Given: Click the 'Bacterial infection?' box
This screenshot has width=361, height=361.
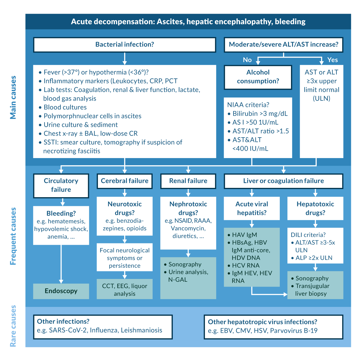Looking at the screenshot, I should pos(124,45).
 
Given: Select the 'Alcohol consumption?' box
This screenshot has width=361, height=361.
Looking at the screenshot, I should pos(258,77).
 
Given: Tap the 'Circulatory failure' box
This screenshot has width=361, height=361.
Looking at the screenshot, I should pos(61,185).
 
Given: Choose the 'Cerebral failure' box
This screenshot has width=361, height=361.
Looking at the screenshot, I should pos(124,181).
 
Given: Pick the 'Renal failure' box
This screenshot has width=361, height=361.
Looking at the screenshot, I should pos(188,181).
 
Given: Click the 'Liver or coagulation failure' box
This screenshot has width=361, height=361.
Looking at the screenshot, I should pos(283,181).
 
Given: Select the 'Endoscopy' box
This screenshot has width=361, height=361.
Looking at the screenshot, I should pos(61,291).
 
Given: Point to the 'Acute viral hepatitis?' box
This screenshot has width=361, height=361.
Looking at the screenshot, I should pos(252,208).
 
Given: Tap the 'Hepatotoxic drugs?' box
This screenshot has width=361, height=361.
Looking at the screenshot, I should pos(315,208).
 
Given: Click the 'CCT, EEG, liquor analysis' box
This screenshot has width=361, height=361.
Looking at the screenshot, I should pos(124,290).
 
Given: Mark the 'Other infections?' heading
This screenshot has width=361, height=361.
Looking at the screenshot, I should pos(63,321).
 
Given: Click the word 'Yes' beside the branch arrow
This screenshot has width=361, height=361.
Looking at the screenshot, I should pos(333,60).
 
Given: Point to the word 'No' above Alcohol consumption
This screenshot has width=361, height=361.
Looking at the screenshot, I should pos(247,60).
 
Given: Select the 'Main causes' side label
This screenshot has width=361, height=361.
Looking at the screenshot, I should pos(13,97).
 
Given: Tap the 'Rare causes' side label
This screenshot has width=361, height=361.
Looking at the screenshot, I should pos(13,326).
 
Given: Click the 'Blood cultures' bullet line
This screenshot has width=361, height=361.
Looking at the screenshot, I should pos(65,107).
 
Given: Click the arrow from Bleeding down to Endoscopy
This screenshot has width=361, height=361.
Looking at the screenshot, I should pos(61,264).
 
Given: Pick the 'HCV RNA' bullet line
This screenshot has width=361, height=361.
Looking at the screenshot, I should pos(246,265).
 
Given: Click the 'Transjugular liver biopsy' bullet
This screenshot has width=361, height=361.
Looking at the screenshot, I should pos(312,290).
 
